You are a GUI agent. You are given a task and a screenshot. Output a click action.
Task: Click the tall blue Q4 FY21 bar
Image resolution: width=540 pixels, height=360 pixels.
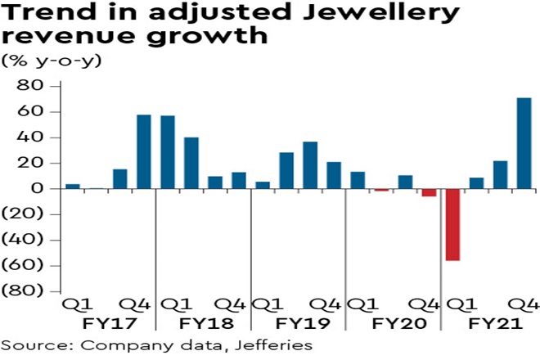tap(524, 143)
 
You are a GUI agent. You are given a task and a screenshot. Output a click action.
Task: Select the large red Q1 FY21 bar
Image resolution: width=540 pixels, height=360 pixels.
tap(452, 224)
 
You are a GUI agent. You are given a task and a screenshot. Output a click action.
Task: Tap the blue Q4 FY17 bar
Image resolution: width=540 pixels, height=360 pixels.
tap(143, 151)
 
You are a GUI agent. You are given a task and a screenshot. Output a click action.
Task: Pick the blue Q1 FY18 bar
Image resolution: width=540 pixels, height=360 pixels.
tap(168, 152)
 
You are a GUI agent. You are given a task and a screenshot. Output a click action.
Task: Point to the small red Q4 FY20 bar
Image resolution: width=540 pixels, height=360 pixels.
tap(429, 192)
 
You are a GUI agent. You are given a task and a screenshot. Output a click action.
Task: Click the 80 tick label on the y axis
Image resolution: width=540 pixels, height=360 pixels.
tap(30, 86)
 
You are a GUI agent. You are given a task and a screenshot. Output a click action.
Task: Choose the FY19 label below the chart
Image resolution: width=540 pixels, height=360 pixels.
tap(296, 322)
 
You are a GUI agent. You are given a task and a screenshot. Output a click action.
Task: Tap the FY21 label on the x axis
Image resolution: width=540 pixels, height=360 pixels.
tap(488, 322)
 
